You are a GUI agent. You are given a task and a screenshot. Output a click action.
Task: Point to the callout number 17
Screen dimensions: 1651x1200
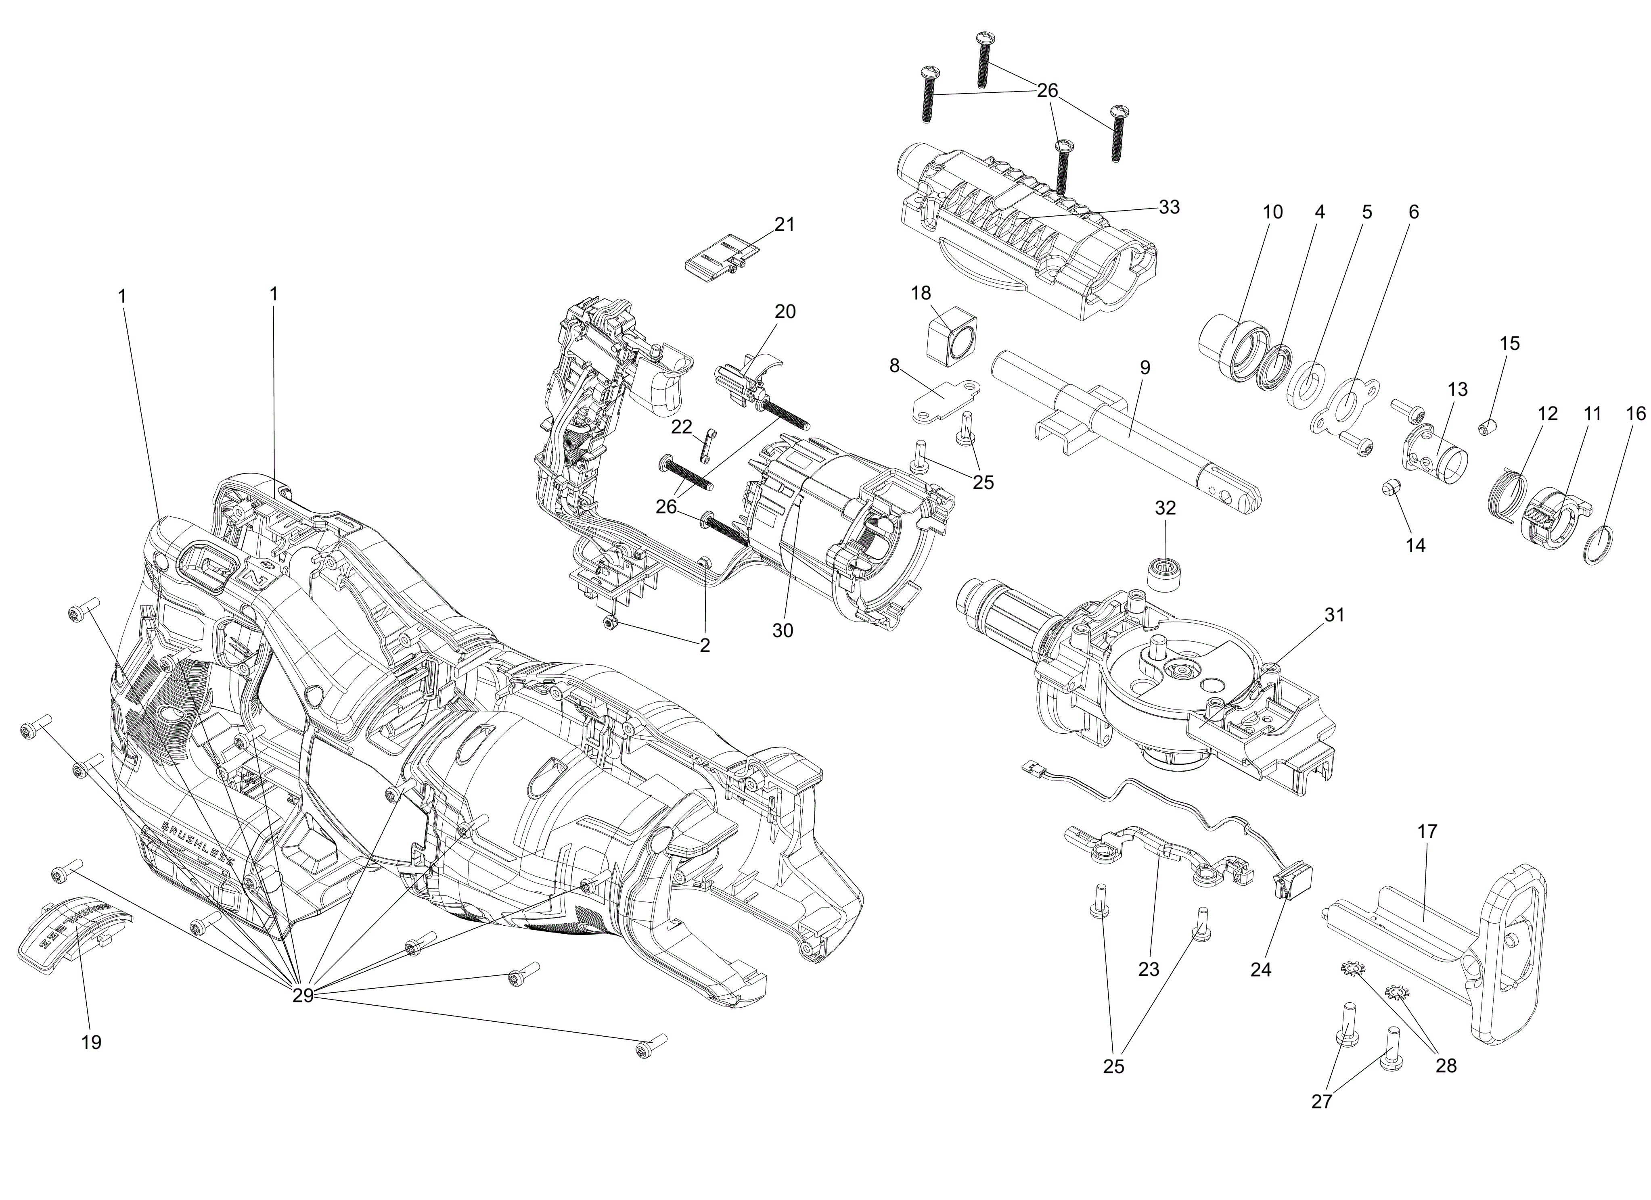click(1427, 831)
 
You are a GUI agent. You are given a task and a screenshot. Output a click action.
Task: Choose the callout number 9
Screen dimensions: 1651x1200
click(1145, 367)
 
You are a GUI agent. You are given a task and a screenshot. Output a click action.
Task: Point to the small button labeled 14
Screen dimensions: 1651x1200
click(1389, 487)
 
